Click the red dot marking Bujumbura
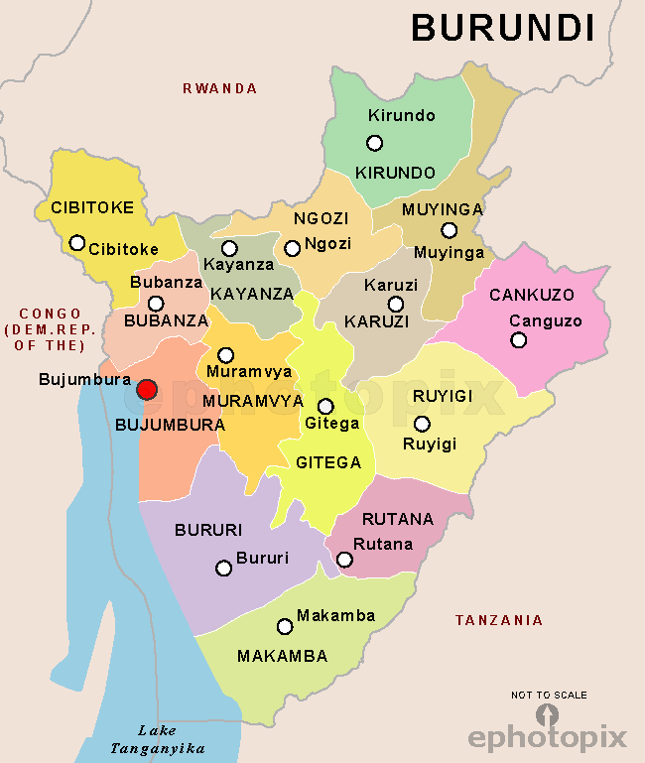(147, 390)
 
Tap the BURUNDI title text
(503, 28)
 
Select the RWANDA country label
(219, 88)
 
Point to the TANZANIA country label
(499, 620)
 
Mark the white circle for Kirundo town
(375, 143)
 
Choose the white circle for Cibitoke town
(77, 242)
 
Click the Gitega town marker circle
(325, 406)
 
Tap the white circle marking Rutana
(344, 560)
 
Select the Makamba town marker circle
(285, 626)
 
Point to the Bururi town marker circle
(224, 568)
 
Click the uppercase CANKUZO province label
(532, 295)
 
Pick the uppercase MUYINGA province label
(443, 209)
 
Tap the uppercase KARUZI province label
(376, 321)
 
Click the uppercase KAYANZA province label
(252, 294)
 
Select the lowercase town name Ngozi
(328, 244)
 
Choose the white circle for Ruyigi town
(422, 424)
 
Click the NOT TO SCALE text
(549, 695)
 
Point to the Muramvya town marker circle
(226, 355)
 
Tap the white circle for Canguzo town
(519, 340)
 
